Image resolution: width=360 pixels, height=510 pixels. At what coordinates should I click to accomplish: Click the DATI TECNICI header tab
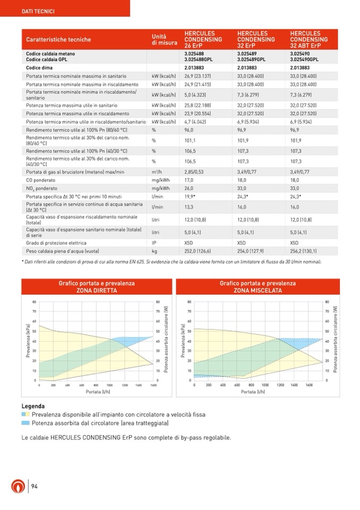(37, 11)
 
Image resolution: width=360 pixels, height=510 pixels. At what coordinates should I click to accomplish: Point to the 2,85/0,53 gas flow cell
(194, 172)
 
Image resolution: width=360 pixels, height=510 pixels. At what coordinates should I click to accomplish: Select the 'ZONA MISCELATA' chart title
(258, 290)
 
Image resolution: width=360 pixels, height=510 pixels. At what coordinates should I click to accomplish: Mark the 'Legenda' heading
(32, 406)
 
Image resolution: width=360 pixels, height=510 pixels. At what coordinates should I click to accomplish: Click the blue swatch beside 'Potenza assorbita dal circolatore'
(25, 423)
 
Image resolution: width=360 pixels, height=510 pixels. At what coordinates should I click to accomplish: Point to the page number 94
(34, 486)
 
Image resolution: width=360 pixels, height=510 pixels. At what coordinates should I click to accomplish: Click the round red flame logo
(17, 486)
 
